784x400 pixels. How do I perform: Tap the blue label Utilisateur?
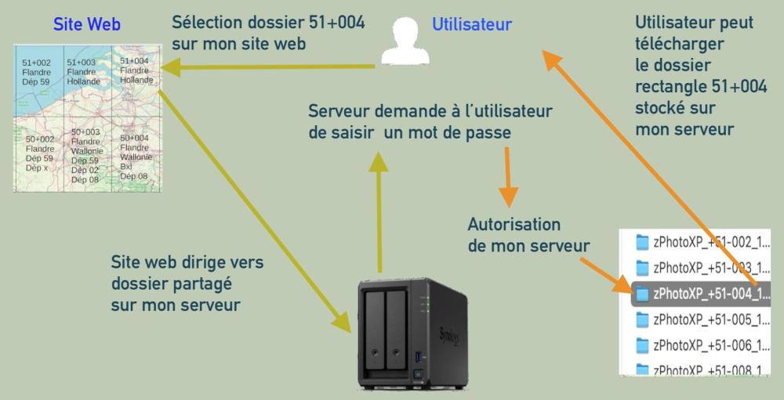[x=472, y=24]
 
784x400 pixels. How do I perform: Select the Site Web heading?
[x=87, y=24]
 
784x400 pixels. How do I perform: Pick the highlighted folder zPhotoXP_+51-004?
[x=702, y=293]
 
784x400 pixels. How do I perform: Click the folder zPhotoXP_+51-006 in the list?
[x=702, y=344]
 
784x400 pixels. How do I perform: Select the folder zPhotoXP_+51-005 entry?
[x=702, y=319]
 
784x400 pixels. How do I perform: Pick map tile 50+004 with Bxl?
[x=134, y=157]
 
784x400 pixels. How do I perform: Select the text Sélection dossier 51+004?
[x=268, y=33]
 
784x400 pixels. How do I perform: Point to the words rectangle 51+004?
[x=701, y=87]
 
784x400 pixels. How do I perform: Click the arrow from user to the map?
[x=267, y=69]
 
